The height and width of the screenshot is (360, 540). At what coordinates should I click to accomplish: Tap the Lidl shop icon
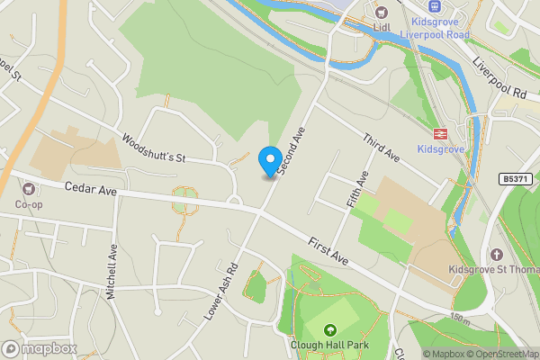[x=381, y=12]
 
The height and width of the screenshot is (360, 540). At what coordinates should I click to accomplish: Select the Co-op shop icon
[x=29, y=189]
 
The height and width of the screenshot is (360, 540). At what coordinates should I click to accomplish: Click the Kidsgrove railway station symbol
[x=440, y=132]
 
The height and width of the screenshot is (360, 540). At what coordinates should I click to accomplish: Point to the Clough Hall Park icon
[x=328, y=330]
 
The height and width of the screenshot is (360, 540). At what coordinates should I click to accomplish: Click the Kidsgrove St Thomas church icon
[x=495, y=254]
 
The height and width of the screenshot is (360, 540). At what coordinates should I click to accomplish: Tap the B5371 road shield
[x=515, y=180]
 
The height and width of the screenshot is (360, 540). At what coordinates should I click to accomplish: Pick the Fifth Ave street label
[x=358, y=191]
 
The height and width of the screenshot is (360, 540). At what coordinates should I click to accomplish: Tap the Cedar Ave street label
[x=91, y=191]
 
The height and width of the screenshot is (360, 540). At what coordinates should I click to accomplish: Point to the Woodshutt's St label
[x=153, y=148]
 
